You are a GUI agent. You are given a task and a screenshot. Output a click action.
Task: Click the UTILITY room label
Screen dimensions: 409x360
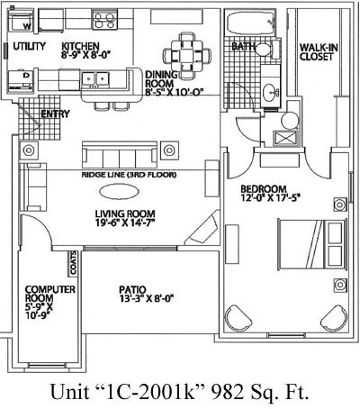(x=28, y=45)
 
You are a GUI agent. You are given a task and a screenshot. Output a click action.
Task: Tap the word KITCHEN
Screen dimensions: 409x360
(x=80, y=45)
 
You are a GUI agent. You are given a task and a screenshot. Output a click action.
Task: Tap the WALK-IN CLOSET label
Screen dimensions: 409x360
(x=317, y=51)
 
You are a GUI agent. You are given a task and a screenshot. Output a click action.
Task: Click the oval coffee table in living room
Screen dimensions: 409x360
(x=119, y=191)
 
